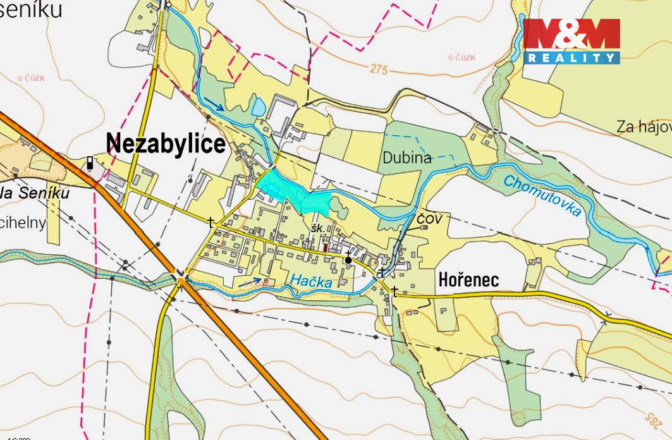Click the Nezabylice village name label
pyautogui.click(x=166, y=144)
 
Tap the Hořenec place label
pyautogui.click(x=468, y=279)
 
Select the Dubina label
pyautogui.click(x=406, y=158)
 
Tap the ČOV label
pyautogui.click(x=429, y=219)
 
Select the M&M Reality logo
pyautogui.click(x=571, y=41)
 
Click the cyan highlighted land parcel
pyautogui.click(x=291, y=192)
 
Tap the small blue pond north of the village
pyautogui.click(x=259, y=106)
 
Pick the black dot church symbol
pyautogui.click(x=348, y=259)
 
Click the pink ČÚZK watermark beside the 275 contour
pyautogui.click(x=461, y=58)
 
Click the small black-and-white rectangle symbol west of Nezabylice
pyautogui.click(x=90, y=163)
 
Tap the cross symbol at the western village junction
pyautogui.click(x=211, y=222)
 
